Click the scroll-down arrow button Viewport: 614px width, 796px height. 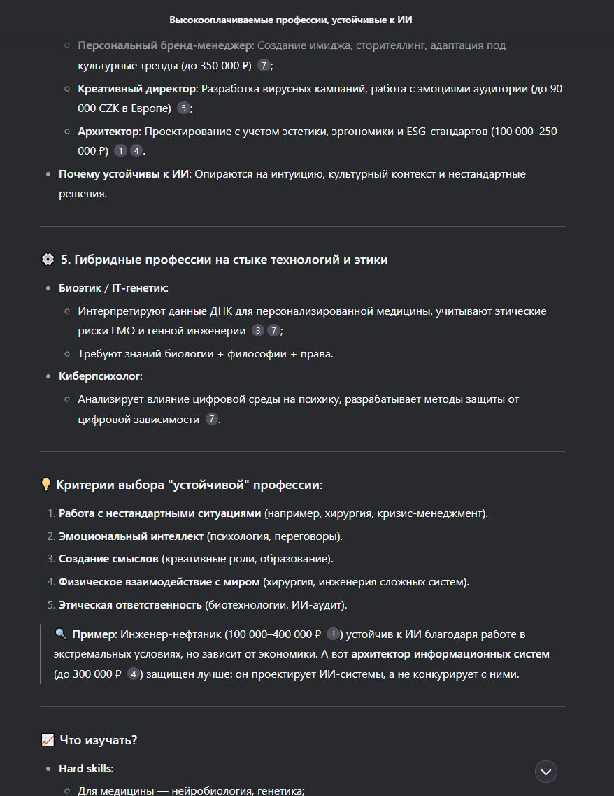coord(546,772)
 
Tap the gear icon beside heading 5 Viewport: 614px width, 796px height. coord(48,260)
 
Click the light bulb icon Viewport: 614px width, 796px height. coord(46,485)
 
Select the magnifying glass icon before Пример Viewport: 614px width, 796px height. coord(61,634)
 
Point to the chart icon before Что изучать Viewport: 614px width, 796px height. coord(48,739)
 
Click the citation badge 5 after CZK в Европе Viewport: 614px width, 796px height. coord(183,108)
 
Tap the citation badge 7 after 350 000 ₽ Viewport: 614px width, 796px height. coord(263,66)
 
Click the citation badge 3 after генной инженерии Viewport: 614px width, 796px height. coord(258,331)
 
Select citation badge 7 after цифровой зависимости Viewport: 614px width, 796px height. coord(211,420)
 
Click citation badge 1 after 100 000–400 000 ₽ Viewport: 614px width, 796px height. coord(333,634)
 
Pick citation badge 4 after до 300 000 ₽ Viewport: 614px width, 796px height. coord(133,675)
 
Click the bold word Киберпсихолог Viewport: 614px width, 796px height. coord(99,376)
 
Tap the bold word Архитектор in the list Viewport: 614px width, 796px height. coord(109,132)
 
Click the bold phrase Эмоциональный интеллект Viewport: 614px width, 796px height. coord(131,536)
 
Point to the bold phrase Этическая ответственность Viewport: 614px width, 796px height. coord(130,605)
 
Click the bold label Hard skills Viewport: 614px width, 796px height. coord(85,768)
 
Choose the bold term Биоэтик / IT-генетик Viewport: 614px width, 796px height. coord(113,287)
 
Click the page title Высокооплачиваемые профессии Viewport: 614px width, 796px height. coord(290,20)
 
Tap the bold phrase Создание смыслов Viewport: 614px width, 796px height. coord(108,559)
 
